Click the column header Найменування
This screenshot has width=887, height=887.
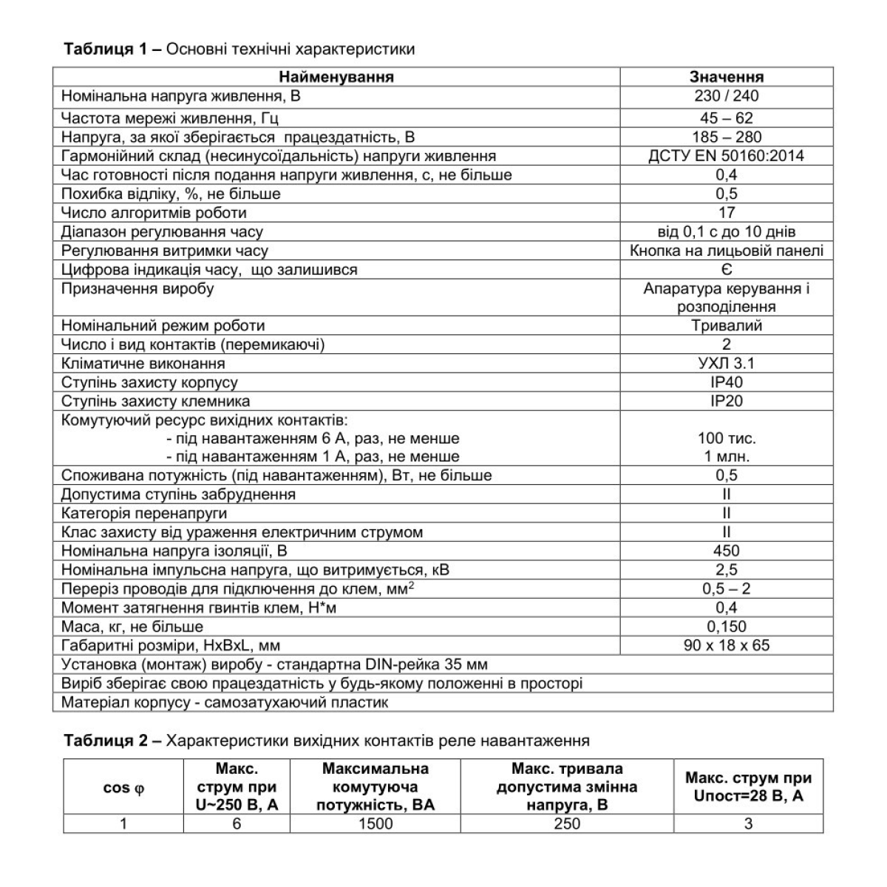point(336,77)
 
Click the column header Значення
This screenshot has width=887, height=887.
point(727,77)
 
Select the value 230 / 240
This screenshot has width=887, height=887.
point(727,96)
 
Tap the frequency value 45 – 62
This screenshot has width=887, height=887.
point(727,118)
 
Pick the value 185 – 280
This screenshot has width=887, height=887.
point(727,137)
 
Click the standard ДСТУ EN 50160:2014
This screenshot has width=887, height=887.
point(727,156)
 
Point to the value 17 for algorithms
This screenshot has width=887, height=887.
point(727,213)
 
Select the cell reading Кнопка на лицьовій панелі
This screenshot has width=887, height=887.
point(727,251)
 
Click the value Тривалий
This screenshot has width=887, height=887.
point(727,326)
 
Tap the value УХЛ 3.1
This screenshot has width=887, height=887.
point(727,364)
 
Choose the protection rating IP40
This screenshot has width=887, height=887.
point(727,383)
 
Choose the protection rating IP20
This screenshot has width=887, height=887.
point(727,401)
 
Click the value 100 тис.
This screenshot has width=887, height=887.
point(727,438)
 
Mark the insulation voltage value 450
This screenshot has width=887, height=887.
point(727,551)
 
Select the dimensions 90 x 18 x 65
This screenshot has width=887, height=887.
point(727,645)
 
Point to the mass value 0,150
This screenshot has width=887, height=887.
point(727,627)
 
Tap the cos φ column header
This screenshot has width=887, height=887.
point(123,788)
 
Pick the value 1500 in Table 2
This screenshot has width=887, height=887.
point(375,823)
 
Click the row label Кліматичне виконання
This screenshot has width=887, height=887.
point(143,364)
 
